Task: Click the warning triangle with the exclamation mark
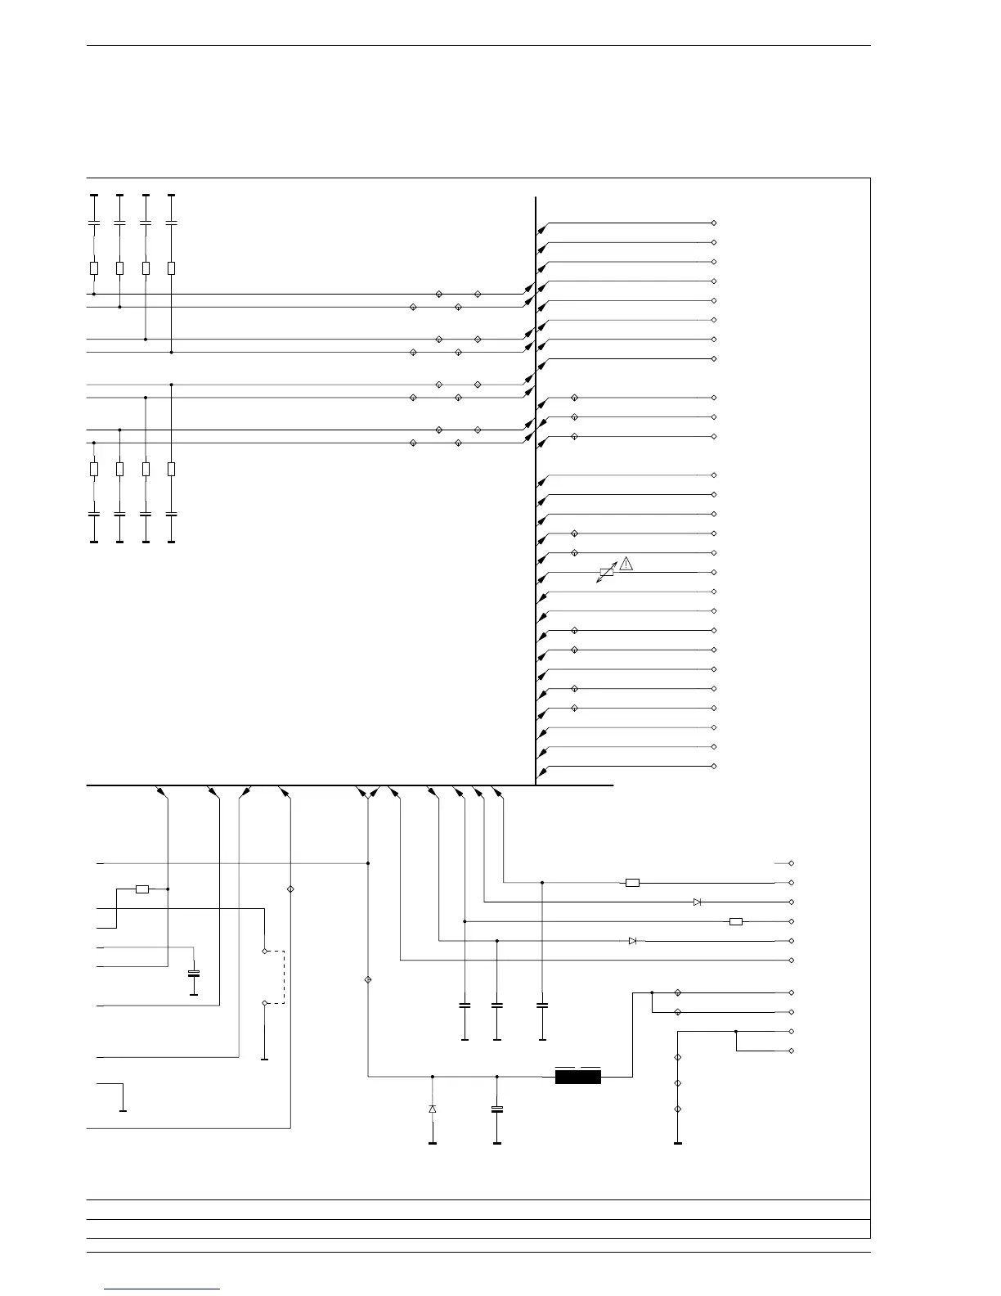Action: tap(626, 563)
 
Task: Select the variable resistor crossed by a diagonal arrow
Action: tap(606, 574)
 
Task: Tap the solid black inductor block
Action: tap(577, 1077)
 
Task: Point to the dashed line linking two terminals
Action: tap(283, 976)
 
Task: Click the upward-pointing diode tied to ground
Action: tap(433, 1109)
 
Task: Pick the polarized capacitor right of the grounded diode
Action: tap(497, 1109)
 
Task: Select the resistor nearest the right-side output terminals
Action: tap(735, 921)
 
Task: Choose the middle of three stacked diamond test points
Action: tap(677, 1083)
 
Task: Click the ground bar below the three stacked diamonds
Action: tap(677, 1143)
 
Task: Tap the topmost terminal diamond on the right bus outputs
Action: tap(714, 223)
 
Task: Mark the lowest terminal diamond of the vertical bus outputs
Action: tap(714, 767)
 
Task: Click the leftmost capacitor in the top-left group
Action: tap(94, 223)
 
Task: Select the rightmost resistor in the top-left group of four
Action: tap(171, 268)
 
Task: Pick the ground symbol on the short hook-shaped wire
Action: tap(123, 1110)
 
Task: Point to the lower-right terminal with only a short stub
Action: tap(791, 863)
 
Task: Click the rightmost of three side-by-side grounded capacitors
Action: tap(542, 1005)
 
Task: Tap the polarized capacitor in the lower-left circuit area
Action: tap(194, 973)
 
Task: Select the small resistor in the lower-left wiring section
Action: tap(142, 889)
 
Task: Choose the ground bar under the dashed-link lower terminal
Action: tap(265, 1060)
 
